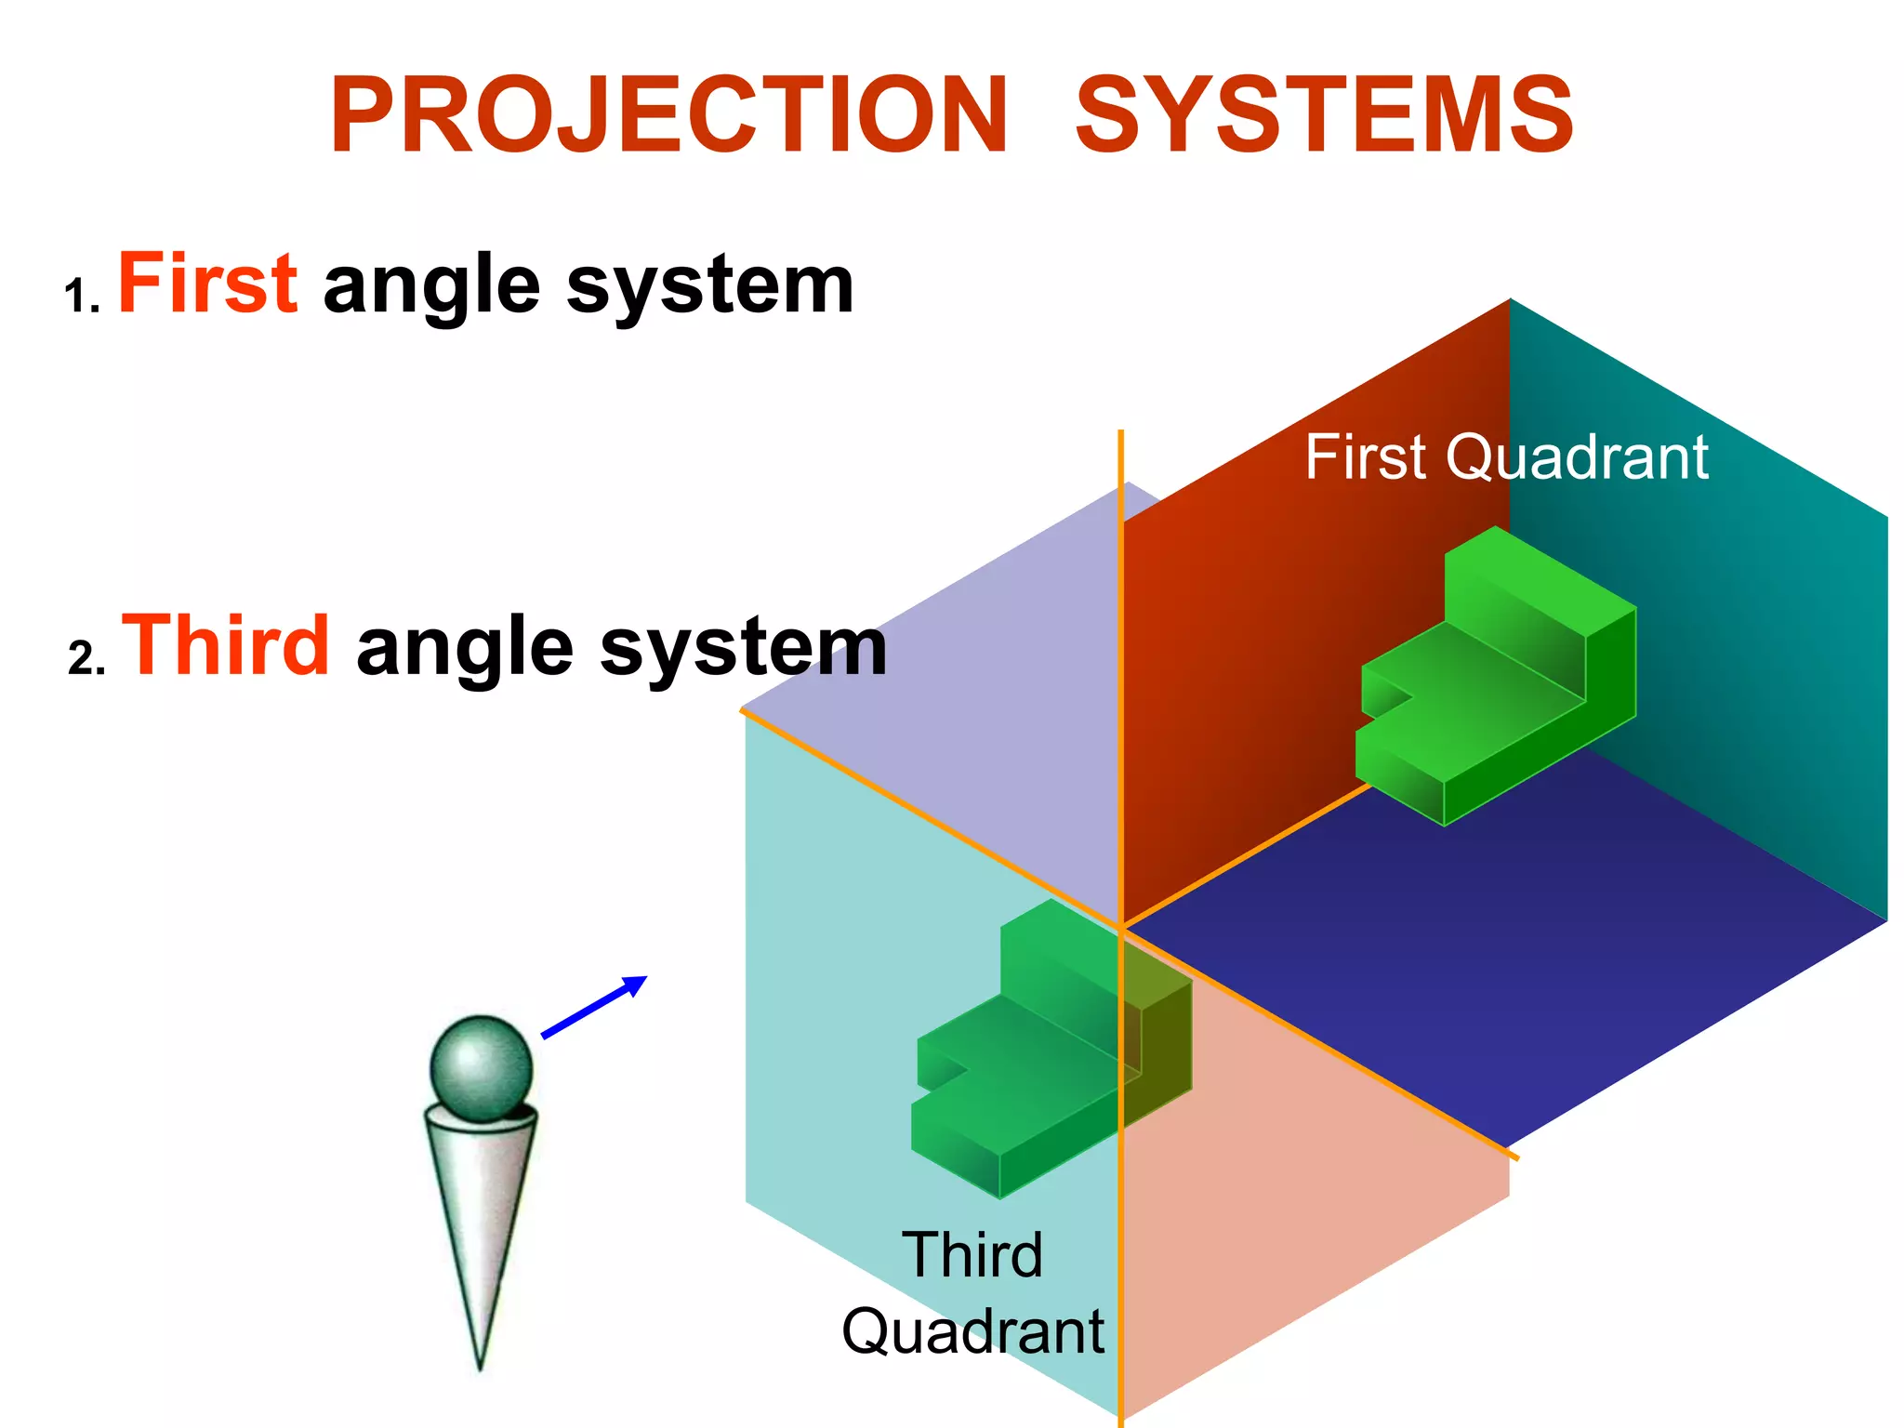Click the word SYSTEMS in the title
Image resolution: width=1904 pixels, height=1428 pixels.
click(x=1324, y=116)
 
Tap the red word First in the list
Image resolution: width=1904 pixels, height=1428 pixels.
click(x=207, y=284)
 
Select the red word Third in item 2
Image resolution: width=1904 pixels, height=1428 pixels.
click(x=226, y=645)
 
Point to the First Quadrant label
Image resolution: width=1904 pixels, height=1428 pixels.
click(x=1506, y=457)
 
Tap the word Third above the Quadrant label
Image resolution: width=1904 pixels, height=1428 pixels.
click(x=972, y=1255)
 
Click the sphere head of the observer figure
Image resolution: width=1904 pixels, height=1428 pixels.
click(x=481, y=1067)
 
